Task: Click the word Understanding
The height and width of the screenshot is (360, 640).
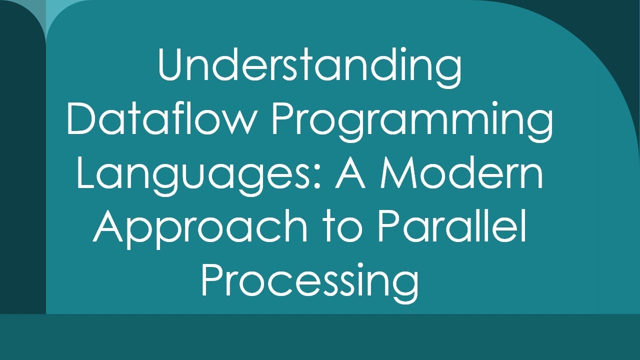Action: (x=309, y=66)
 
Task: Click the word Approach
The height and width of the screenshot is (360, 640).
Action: (x=200, y=227)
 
